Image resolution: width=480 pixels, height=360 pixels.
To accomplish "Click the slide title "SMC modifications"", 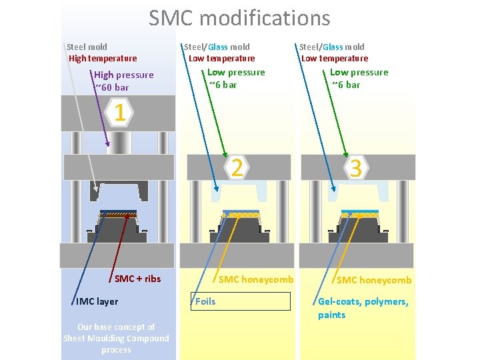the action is pos(239,18).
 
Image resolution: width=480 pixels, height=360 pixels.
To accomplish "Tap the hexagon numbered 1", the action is pos(119,113).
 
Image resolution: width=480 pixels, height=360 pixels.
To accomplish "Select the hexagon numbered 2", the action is pos(237,167).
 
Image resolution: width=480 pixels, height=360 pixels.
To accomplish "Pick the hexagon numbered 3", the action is pos(356,167).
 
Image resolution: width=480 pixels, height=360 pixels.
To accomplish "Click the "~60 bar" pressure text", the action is pos(112,87).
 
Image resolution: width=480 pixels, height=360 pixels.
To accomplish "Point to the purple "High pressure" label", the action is pos(124,75).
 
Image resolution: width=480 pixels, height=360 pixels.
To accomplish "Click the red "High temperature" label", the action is pos(103,58).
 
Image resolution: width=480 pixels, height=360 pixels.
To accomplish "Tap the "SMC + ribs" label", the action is pos(138,279).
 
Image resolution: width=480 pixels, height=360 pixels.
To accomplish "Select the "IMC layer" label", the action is pos(97,301).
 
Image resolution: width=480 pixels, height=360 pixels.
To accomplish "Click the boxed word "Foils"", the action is pos(205,301).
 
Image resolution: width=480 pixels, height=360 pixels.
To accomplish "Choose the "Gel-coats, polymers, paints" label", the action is pos(363,308).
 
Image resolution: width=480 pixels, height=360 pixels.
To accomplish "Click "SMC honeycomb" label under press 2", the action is pos(256,279).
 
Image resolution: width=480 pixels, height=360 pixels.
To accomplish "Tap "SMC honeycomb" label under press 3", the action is pos(374,280).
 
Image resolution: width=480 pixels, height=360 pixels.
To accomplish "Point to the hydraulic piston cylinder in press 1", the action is pos(119,143).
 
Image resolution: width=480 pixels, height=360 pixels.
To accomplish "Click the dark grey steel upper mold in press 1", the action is pos(119,191).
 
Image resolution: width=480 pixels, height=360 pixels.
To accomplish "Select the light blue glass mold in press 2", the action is pos(239,191).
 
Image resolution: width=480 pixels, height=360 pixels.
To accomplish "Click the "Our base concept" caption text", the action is pos(116,338).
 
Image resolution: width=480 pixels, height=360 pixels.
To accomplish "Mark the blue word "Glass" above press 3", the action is pos(333,47).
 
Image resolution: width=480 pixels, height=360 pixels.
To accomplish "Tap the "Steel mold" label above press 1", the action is pos(87,47).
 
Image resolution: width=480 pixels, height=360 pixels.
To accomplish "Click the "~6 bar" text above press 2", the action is pos(223,85).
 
